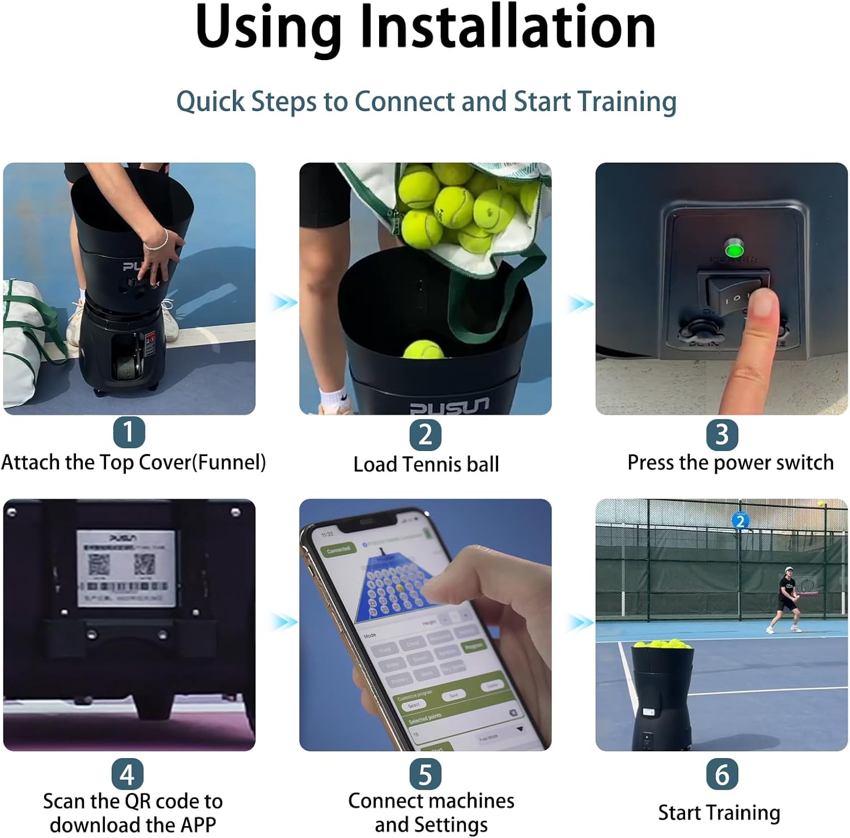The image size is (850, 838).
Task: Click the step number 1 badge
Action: click(x=129, y=432)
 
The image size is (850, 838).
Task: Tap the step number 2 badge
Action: click(x=425, y=435)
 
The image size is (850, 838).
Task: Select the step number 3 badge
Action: click(x=721, y=435)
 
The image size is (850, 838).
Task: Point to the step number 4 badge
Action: click(x=127, y=774)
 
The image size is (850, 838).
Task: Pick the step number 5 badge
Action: click(x=425, y=774)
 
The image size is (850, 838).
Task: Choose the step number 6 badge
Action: click(x=721, y=774)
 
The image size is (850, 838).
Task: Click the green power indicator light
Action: click(x=734, y=249)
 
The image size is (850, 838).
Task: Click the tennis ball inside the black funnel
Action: click(x=423, y=350)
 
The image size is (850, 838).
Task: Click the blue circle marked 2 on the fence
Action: click(x=740, y=521)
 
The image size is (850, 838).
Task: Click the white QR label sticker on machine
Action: click(x=126, y=568)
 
